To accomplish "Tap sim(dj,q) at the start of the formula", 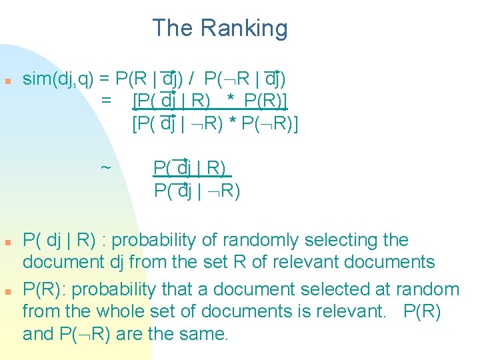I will point(58,79).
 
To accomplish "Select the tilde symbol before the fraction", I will point(105,167).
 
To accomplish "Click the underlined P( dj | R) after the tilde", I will point(190,167).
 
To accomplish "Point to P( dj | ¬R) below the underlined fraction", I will point(197,191).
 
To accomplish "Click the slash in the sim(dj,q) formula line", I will point(191,79).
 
